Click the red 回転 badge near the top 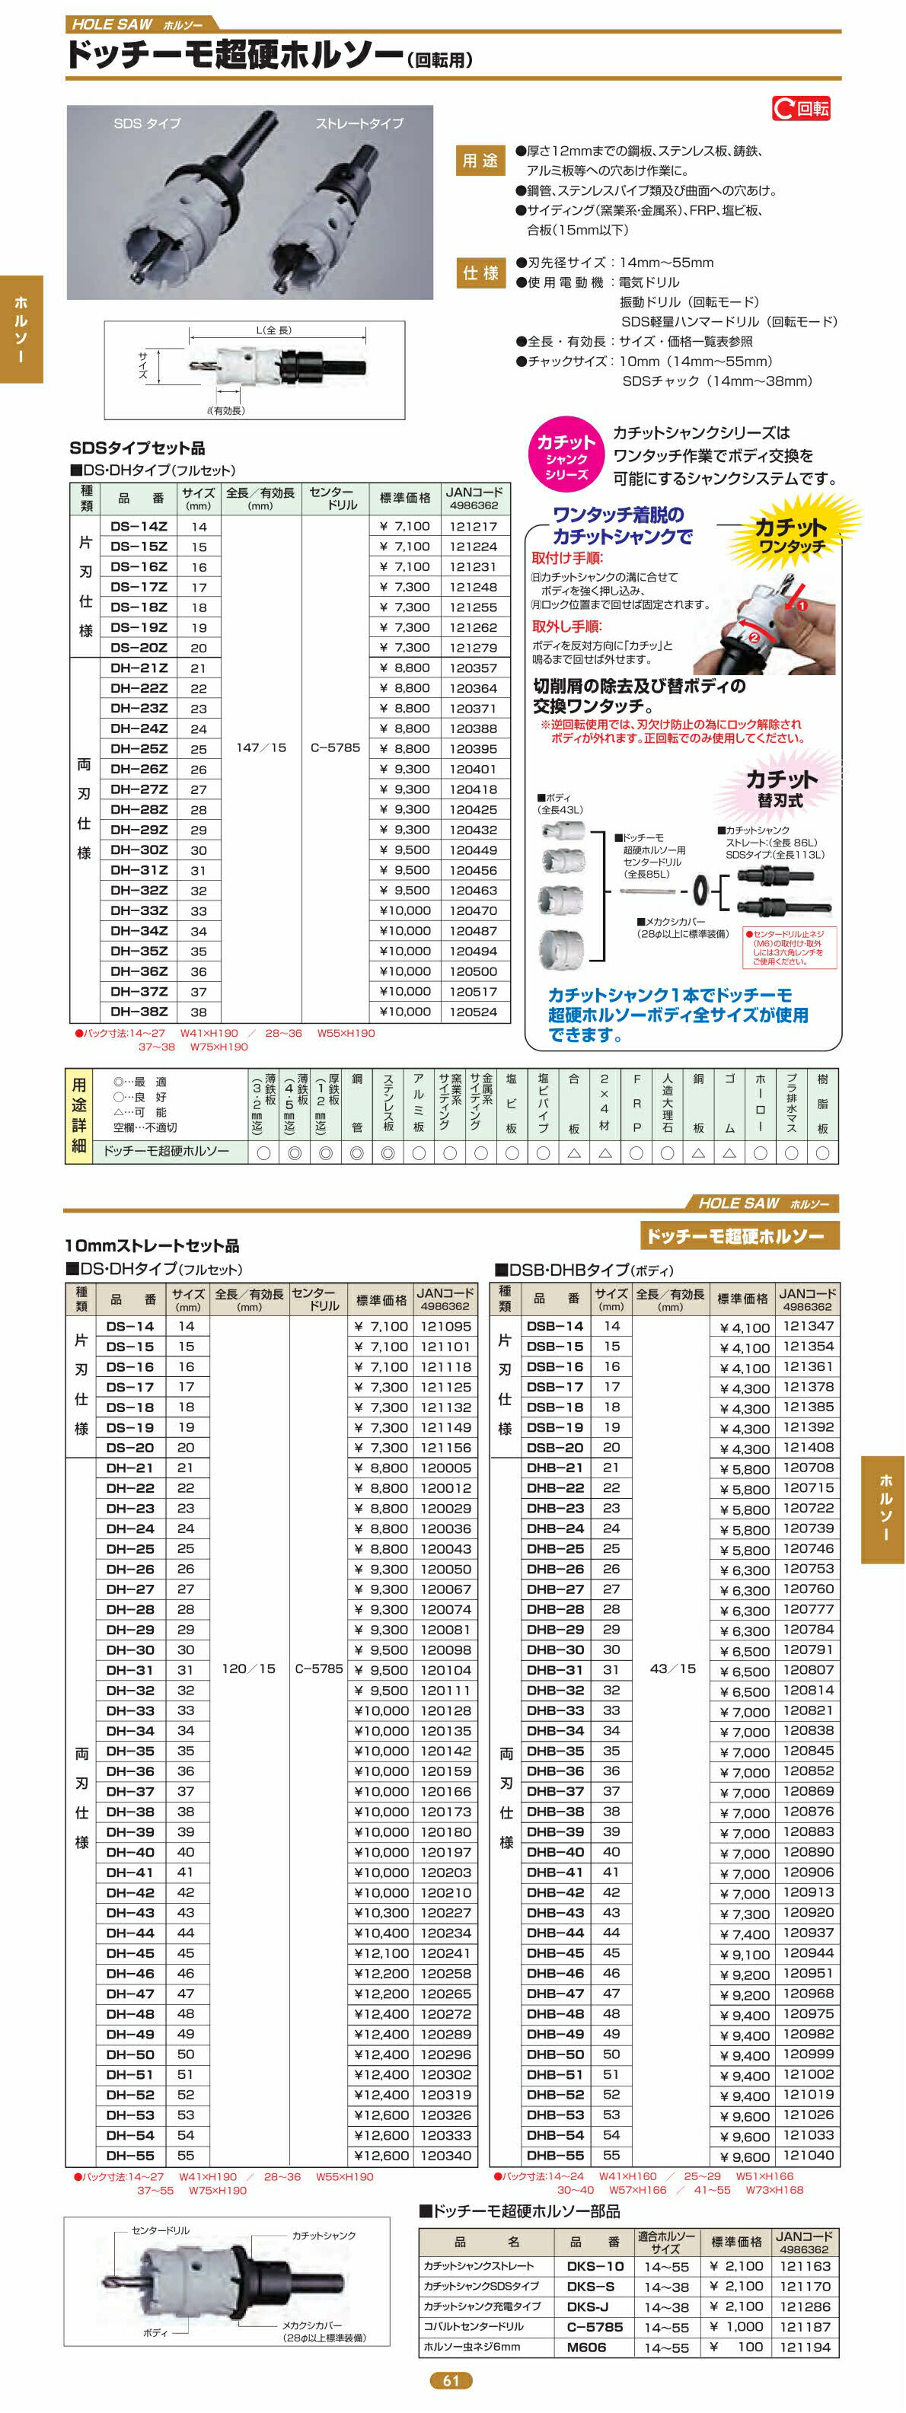coord(801,109)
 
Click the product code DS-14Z coord(139,527)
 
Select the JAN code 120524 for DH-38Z coord(473,1012)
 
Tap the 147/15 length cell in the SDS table coord(260,747)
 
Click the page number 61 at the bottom coord(451,2380)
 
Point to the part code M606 coord(586,2348)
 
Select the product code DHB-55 coord(555,2156)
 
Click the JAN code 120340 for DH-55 coord(446,2156)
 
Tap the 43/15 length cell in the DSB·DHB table coord(673,1669)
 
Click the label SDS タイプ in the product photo coord(147,123)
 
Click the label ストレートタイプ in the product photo coord(359,123)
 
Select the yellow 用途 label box coord(480,161)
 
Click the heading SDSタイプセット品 coord(137,448)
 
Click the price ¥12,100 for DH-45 coord(381,1953)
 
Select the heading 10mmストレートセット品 coord(152,1245)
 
